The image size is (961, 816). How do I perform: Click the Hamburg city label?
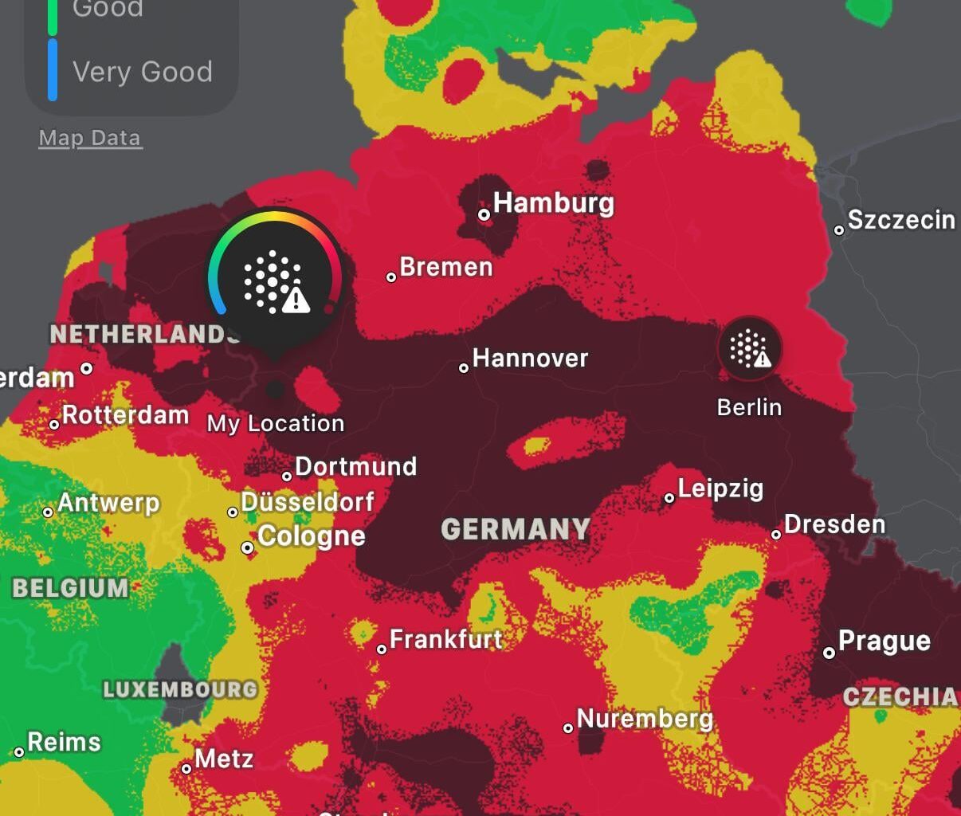point(554,203)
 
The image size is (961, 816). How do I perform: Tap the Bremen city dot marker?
point(391,277)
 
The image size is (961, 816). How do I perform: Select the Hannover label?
point(530,359)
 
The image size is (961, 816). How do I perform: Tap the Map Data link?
point(90,138)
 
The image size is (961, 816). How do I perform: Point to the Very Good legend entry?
point(143,72)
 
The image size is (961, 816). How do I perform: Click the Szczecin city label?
point(901,220)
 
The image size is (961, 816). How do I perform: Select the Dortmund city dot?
point(287,477)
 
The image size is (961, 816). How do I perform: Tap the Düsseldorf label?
point(308,502)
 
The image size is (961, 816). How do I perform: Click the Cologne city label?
point(312,536)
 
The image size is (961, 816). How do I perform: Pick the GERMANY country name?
point(516,529)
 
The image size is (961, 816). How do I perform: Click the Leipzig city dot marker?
point(669,498)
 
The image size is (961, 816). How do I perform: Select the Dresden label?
point(834,524)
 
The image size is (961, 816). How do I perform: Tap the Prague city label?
point(885,641)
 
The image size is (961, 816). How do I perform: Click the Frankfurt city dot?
point(382,649)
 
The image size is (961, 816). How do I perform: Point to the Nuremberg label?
point(645,719)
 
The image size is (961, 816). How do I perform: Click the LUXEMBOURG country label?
point(181,689)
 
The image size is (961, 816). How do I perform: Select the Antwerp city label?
point(108,503)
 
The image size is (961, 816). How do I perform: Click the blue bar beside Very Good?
point(53,71)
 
